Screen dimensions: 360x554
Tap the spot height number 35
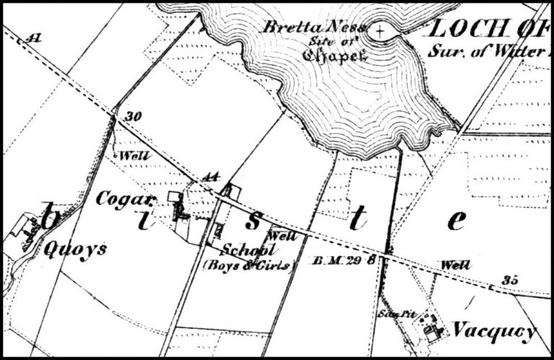pos(511,281)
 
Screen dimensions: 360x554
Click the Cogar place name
pos(126,198)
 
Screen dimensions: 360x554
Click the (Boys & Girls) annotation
pos(249,265)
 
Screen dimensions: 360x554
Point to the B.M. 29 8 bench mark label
pos(347,259)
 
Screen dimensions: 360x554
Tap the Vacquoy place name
pos(494,331)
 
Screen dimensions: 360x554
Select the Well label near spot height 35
pos(455,265)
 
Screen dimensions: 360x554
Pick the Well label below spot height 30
pos(130,156)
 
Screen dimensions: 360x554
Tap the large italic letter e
pos(455,220)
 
